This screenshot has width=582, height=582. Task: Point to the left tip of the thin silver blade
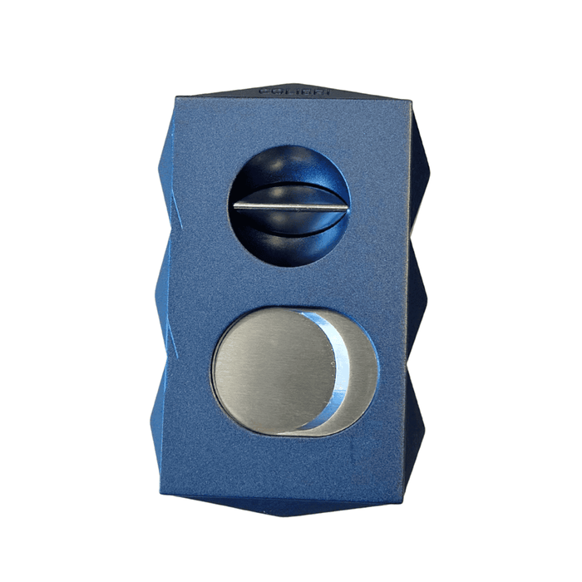pos(236,206)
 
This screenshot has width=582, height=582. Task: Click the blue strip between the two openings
pos(291,283)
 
